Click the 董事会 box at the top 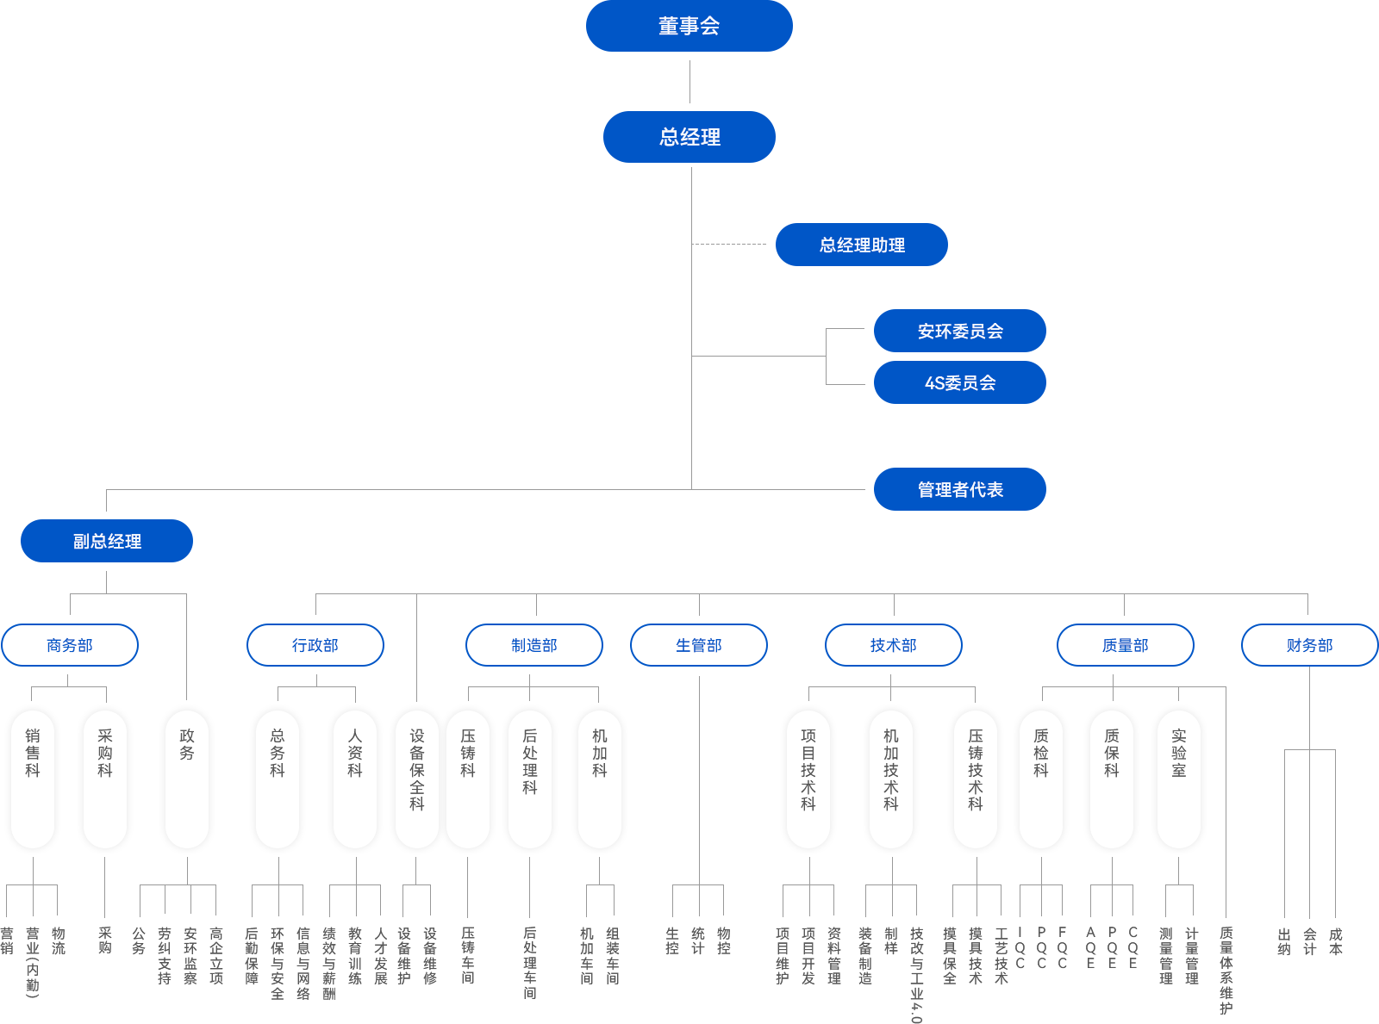(x=689, y=26)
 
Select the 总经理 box (x=690, y=136)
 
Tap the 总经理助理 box (x=862, y=245)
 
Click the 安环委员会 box (x=959, y=331)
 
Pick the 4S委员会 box (x=959, y=382)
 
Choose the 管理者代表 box (x=959, y=489)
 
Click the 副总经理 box (x=106, y=541)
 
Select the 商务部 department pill (x=70, y=645)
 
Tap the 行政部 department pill (x=315, y=645)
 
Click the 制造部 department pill (x=534, y=645)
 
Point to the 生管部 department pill (x=699, y=645)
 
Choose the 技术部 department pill (x=894, y=645)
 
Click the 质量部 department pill (x=1126, y=645)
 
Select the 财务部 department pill (x=1310, y=645)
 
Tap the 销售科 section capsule (x=33, y=779)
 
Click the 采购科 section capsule (x=105, y=779)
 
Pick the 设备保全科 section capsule (x=417, y=779)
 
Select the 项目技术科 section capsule (x=808, y=779)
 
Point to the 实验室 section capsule (x=1179, y=779)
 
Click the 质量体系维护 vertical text (x=1226, y=970)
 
